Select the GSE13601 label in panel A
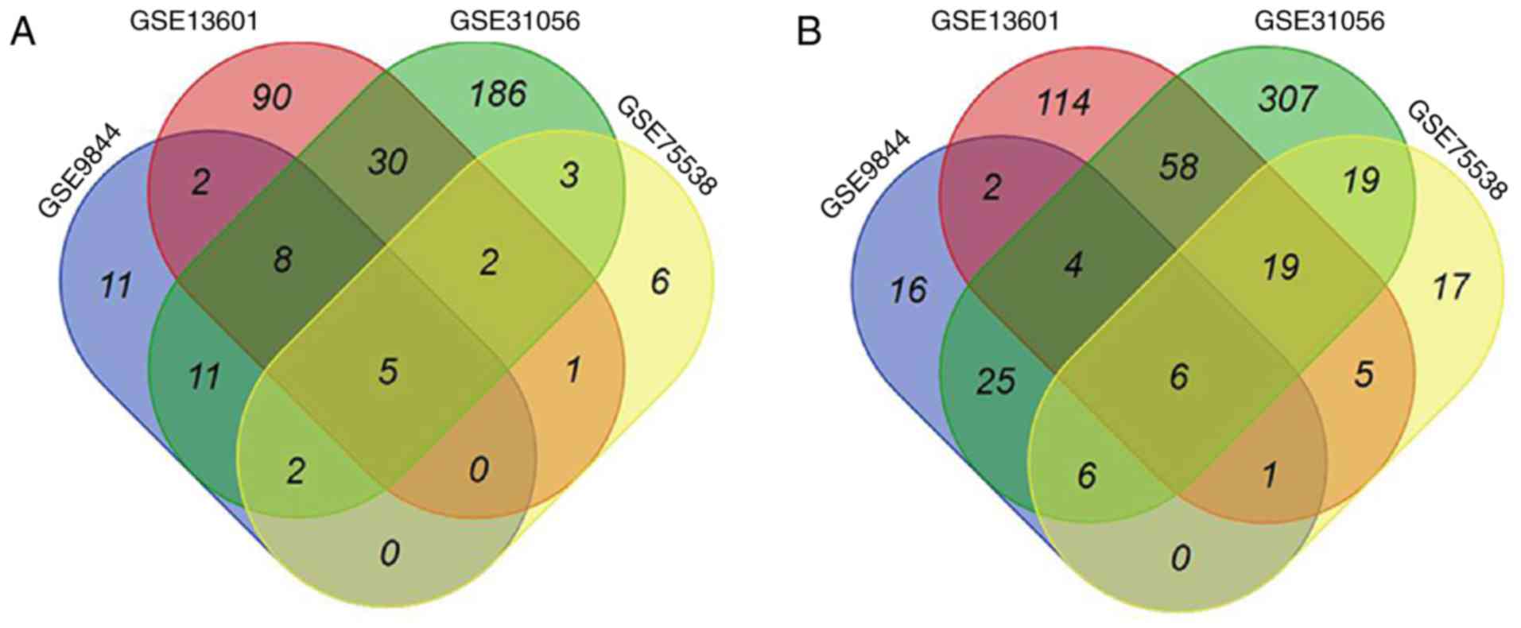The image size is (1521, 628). point(195,21)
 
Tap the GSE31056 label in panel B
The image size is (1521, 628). point(1319,21)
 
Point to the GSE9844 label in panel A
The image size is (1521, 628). point(80,170)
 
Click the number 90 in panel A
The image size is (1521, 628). point(272,97)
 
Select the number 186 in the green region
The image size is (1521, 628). point(497,94)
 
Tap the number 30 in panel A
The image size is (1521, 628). point(388,162)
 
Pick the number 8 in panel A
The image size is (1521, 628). point(282,260)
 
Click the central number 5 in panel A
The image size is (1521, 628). point(388,371)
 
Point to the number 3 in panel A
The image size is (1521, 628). point(569,175)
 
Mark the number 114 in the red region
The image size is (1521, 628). point(1064,102)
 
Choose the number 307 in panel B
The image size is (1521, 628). point(1287,99)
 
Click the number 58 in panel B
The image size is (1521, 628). point(1178,167)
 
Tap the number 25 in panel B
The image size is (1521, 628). point(995,381)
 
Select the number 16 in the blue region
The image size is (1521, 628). point(908,289)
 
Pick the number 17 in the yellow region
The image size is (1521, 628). point(1450,286)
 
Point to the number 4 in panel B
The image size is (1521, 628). point(1073,265)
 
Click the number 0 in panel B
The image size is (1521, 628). point(1181,558)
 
